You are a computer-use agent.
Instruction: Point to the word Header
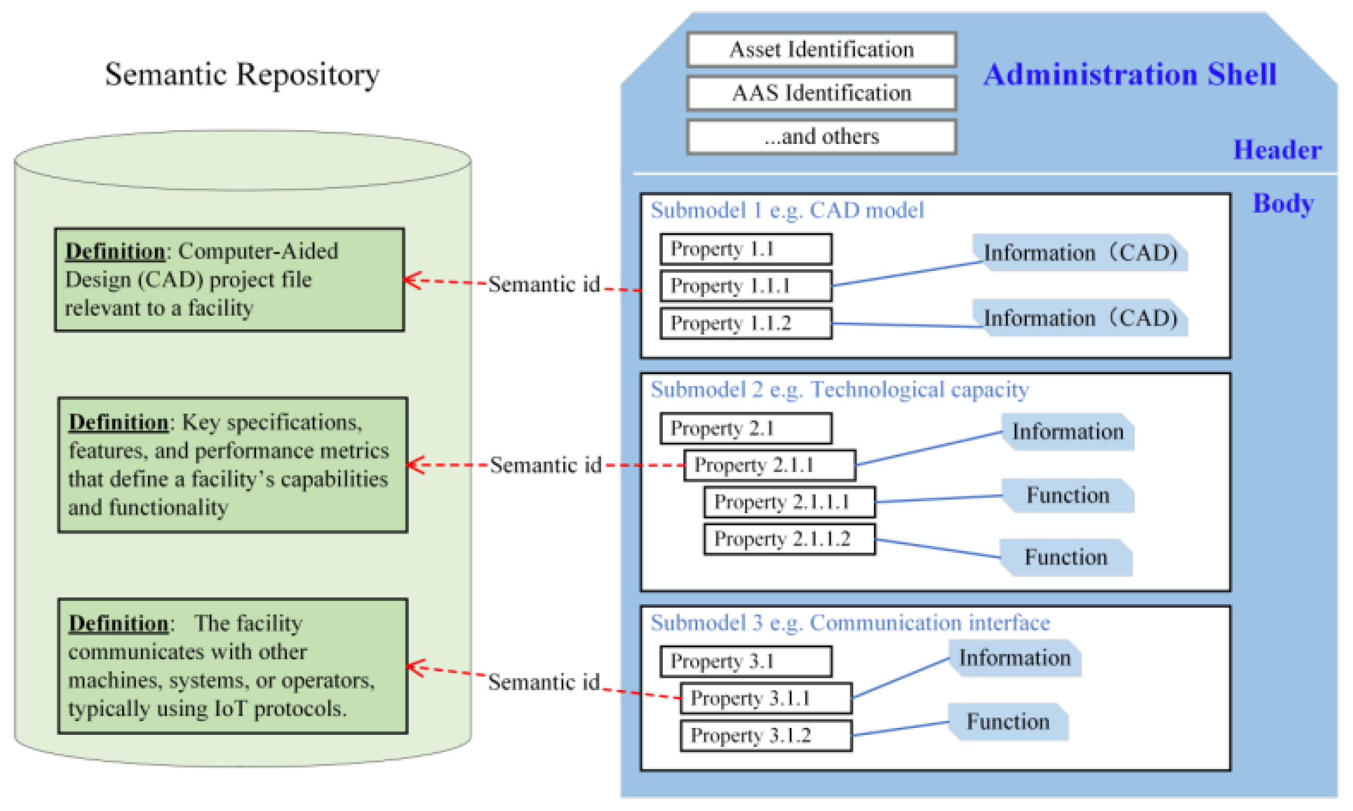[1276, 150]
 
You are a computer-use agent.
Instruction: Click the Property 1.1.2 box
[745, 324]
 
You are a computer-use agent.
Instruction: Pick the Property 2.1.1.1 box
[789, 502]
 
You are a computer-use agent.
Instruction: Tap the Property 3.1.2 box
[765, 735]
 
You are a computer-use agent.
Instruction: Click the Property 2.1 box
[745, 429]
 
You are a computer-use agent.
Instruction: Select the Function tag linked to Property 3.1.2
[1008, 722]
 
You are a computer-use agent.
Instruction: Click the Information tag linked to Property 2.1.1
[1067, 432]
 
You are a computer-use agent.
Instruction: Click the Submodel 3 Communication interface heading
[849, 623]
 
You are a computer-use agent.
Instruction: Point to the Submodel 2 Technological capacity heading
[839, 390]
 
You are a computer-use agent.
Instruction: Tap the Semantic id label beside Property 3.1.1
[544, 682]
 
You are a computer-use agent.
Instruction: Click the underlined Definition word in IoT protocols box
[118, 624]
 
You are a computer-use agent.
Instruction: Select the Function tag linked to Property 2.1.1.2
[1066, 558]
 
